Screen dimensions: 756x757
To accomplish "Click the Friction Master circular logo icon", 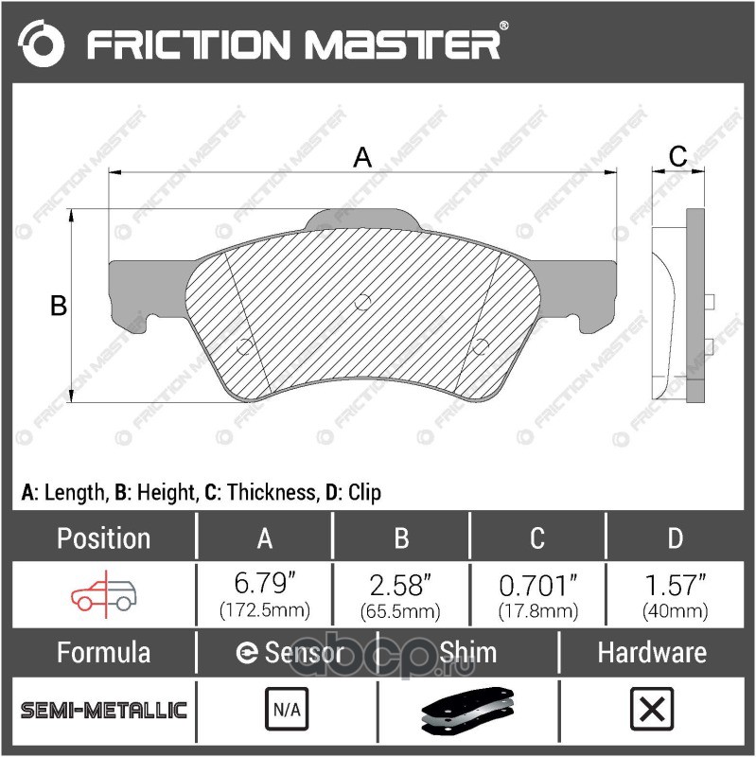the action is coord(41,44).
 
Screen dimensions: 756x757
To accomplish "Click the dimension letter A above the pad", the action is coord(362,157).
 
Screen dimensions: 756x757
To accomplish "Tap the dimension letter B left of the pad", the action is coord(59,306).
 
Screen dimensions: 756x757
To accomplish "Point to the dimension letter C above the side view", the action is coord(678,156).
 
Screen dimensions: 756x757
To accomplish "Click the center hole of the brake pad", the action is coord(362,303).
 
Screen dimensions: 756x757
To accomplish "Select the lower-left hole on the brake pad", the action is coord(244,346).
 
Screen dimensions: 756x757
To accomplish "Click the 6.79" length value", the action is coord(265,583).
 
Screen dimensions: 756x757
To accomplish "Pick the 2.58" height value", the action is coord(400,584).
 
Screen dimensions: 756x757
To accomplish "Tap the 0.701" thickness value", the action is coord(538,585).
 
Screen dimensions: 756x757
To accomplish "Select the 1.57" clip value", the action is coord(676,584).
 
